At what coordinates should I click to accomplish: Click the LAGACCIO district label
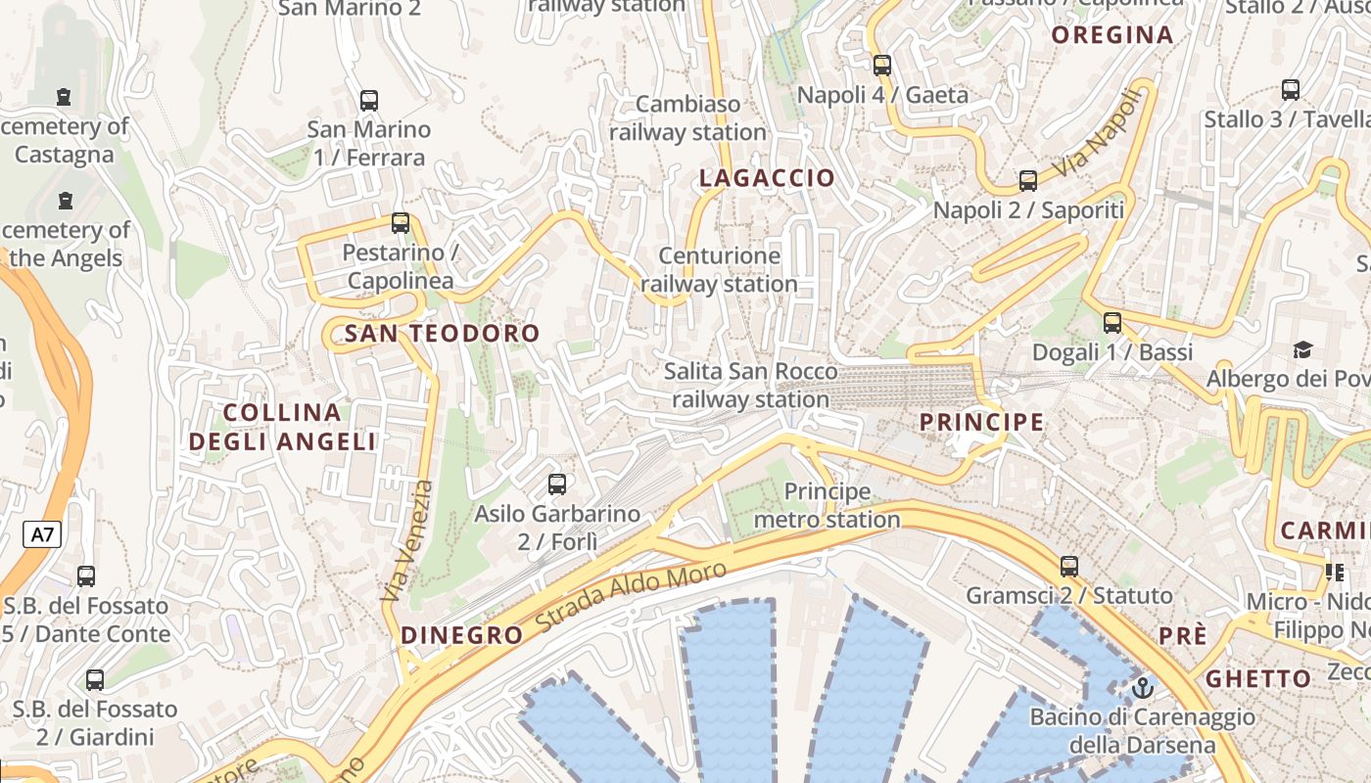coord(767,178)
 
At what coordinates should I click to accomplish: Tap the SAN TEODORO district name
coord(442,334)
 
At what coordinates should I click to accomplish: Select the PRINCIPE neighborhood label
coord(981,423)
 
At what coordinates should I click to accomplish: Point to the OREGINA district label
coord(1111,35)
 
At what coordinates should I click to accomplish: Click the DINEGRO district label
coord(462,635)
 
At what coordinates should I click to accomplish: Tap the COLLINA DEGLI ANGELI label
coord(282,427)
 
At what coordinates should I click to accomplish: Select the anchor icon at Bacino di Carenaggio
coord(1142,688)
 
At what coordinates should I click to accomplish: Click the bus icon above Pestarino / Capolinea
coord(401,223)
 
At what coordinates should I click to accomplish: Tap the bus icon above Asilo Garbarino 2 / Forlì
coord(557,484)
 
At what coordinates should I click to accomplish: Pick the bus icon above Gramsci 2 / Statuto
coord(1069,566)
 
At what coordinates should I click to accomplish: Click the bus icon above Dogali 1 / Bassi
coord(1112,322)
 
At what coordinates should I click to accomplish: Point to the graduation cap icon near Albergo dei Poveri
coord(1302,349)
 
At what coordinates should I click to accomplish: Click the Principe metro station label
coord(827,505)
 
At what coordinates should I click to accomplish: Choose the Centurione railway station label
coord(719,270)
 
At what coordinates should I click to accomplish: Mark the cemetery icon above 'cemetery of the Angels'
coord(66,202)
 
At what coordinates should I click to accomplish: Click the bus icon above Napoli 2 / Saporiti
coord(1027,180)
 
